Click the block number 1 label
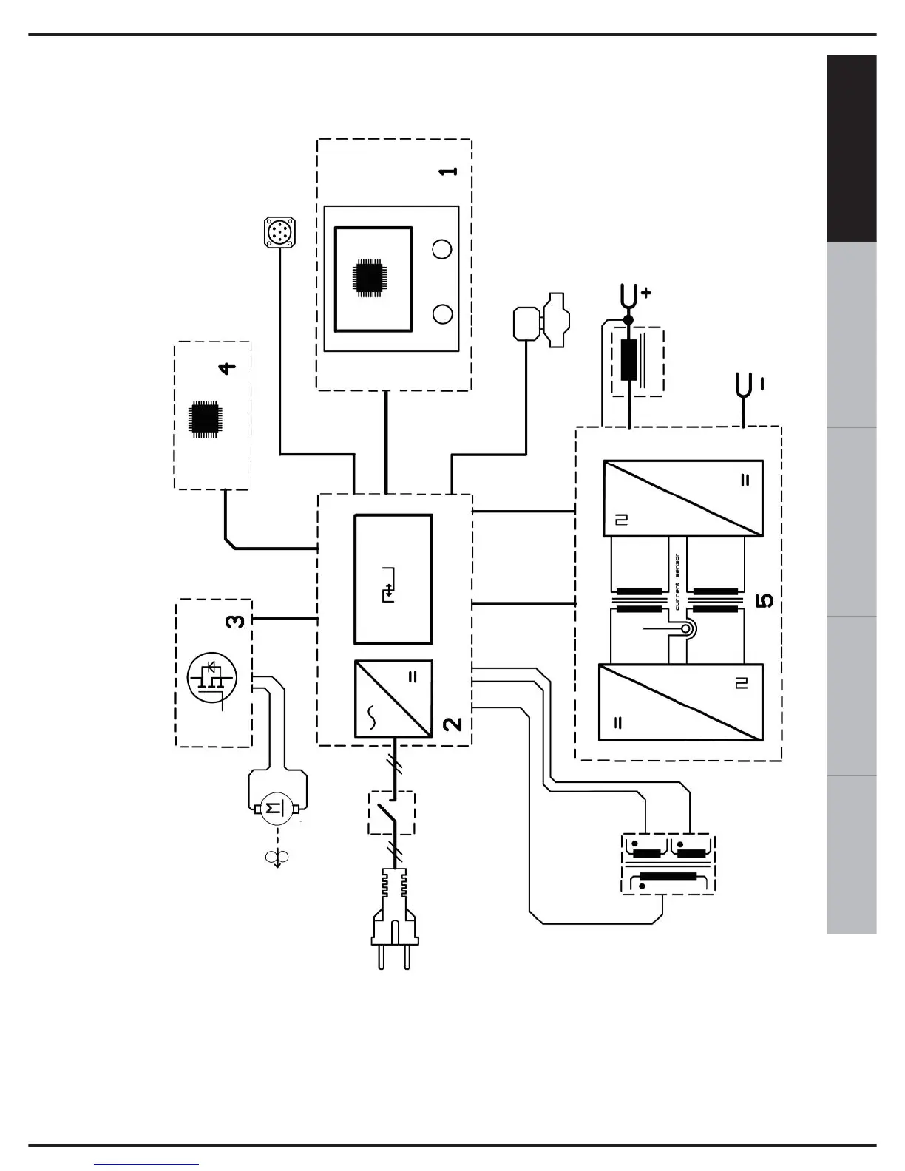click(448, 171)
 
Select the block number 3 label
click(234, 621)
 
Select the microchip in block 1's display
click(370, 278)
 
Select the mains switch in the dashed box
click(391, 812)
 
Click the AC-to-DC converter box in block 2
click(393, 699)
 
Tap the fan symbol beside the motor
click(277, 857)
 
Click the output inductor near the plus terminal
click(629, 360)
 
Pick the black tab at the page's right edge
click(852, 148)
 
